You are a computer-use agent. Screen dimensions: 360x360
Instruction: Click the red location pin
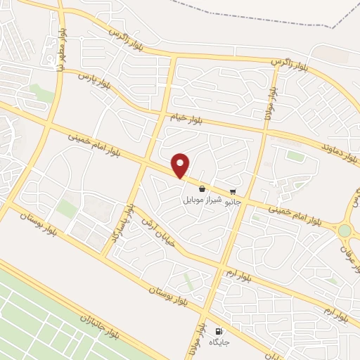coord(181,165)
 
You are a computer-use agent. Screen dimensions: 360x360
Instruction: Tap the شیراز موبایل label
coord(202,200)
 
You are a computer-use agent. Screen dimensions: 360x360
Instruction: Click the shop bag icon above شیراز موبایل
coord(202,188)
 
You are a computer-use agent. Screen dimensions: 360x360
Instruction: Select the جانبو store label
coord(232,201)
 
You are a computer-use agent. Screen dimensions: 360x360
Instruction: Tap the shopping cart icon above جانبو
coord(233,191)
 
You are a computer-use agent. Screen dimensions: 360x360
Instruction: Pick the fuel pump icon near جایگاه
coord(219,331)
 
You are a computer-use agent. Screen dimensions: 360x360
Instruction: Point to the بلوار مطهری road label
coord(62,49)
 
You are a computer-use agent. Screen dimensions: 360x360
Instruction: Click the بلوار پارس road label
coord(94,81)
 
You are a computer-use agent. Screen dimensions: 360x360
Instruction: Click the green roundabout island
coord(345,231)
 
